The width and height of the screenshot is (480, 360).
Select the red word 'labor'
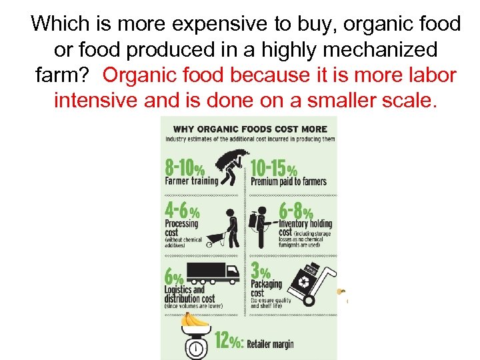pos(430,75)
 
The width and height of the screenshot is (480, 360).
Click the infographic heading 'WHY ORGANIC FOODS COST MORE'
pos(250,129)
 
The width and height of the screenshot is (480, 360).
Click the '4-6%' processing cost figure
pos(182,211)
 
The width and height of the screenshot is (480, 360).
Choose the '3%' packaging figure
pos(260,271)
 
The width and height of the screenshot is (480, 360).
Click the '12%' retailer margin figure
pos(229,341)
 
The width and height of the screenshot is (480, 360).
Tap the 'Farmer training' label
pos(191,181)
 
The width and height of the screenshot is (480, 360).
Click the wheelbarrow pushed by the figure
pos(215,239)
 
